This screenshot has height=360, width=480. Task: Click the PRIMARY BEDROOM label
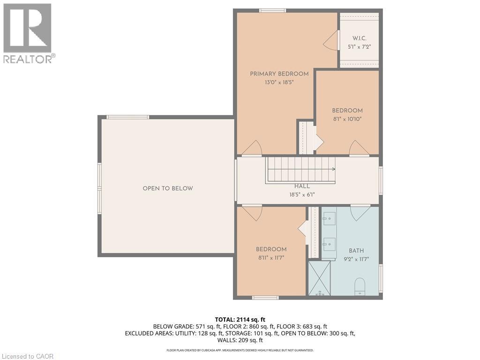279,74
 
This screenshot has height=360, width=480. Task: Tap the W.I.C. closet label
359,38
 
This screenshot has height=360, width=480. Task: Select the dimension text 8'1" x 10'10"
347,119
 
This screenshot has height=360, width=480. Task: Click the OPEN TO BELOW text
168,188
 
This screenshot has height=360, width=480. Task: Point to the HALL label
302,186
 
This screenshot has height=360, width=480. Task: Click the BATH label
356,251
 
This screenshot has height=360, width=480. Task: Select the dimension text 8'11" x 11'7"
271,257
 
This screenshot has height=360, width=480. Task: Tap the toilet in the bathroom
360,286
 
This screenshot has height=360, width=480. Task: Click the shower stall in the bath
319,278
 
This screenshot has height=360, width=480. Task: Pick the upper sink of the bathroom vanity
328,218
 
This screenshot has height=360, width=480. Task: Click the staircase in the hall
301,170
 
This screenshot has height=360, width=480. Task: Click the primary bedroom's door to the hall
252,148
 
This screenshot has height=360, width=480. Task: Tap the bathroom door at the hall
360,212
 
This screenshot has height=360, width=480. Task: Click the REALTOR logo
29,33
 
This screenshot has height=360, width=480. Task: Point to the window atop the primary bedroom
273,10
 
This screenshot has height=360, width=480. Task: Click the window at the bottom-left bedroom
265,298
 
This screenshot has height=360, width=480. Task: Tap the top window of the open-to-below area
127,117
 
